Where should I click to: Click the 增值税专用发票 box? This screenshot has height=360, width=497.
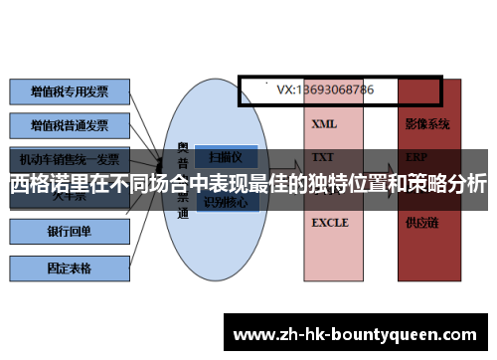[70, 91]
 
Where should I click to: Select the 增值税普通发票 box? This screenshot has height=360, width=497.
[70, 125]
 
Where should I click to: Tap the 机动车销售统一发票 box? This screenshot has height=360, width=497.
[70, 158]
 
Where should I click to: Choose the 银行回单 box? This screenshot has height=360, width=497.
[70, 232]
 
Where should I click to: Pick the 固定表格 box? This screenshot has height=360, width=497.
[70, 267]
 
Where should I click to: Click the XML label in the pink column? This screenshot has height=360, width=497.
[324, 125]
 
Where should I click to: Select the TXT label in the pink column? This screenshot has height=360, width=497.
[323, 157]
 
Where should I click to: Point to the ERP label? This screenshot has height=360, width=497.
[416, 157]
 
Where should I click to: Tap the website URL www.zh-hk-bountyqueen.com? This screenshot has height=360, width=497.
[358, 333]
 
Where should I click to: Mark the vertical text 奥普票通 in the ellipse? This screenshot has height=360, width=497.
[182, 179]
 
